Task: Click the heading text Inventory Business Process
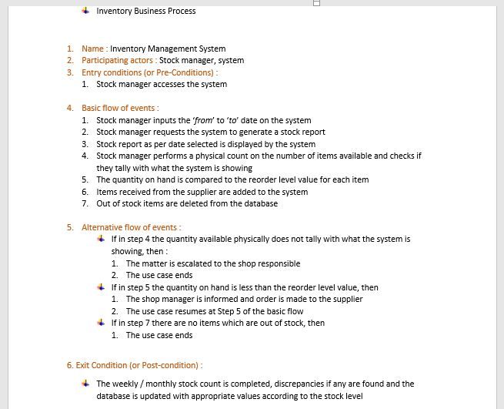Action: pyautogui.click(x=145, y=11)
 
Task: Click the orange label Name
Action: pyautogui.click(x=92, y=49)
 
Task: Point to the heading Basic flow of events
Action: pyautogui.click(x=119, y=108)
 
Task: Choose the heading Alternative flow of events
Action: pyautogui.click(x=130, y=227)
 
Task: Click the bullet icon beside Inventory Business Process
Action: pyautogui.click(x=85, y=11)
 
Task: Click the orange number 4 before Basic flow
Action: pyautogui.click(x=69, y=108)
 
